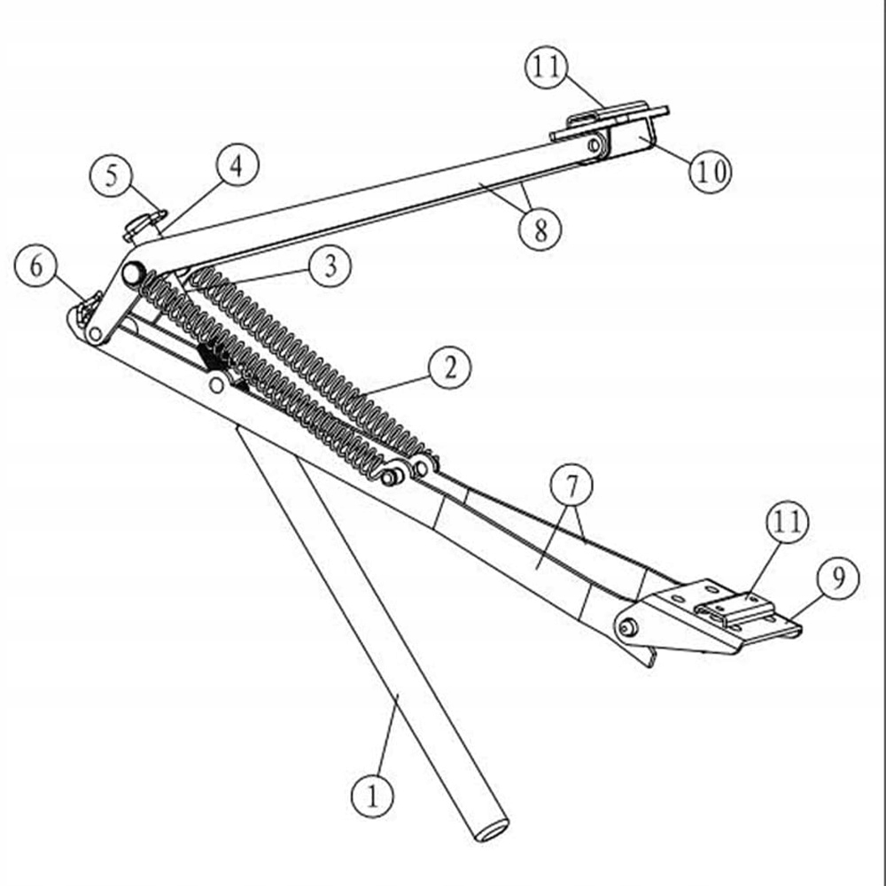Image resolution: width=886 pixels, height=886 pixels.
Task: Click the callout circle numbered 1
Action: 373,796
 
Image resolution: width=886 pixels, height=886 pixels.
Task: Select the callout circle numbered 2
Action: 450,369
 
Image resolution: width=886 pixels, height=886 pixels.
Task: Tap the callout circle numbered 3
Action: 330,266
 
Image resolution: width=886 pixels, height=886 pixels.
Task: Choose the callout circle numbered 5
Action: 112,175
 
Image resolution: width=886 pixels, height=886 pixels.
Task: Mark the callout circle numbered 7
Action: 571,486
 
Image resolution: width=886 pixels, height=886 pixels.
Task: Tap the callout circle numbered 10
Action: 711,170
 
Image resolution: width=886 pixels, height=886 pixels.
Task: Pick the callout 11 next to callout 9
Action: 787,523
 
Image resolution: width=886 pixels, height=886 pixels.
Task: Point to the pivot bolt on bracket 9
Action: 628,627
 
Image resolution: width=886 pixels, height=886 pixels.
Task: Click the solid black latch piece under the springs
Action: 213,359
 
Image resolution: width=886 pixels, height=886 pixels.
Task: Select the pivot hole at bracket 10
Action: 595,144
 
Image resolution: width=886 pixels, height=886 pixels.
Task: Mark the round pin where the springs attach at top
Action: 133,273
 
